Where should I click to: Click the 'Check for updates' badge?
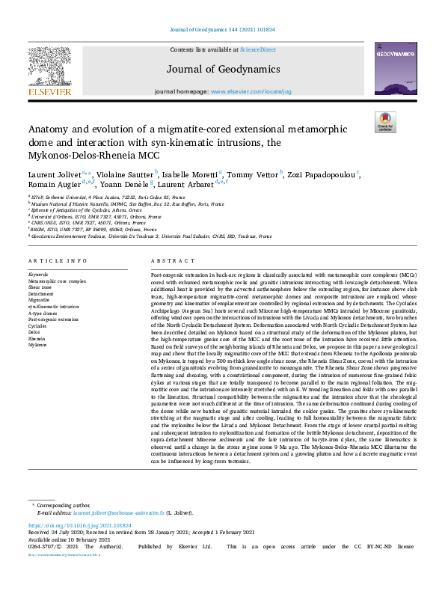tap(384, 121)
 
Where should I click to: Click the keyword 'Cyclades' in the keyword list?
tap(38, 326)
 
